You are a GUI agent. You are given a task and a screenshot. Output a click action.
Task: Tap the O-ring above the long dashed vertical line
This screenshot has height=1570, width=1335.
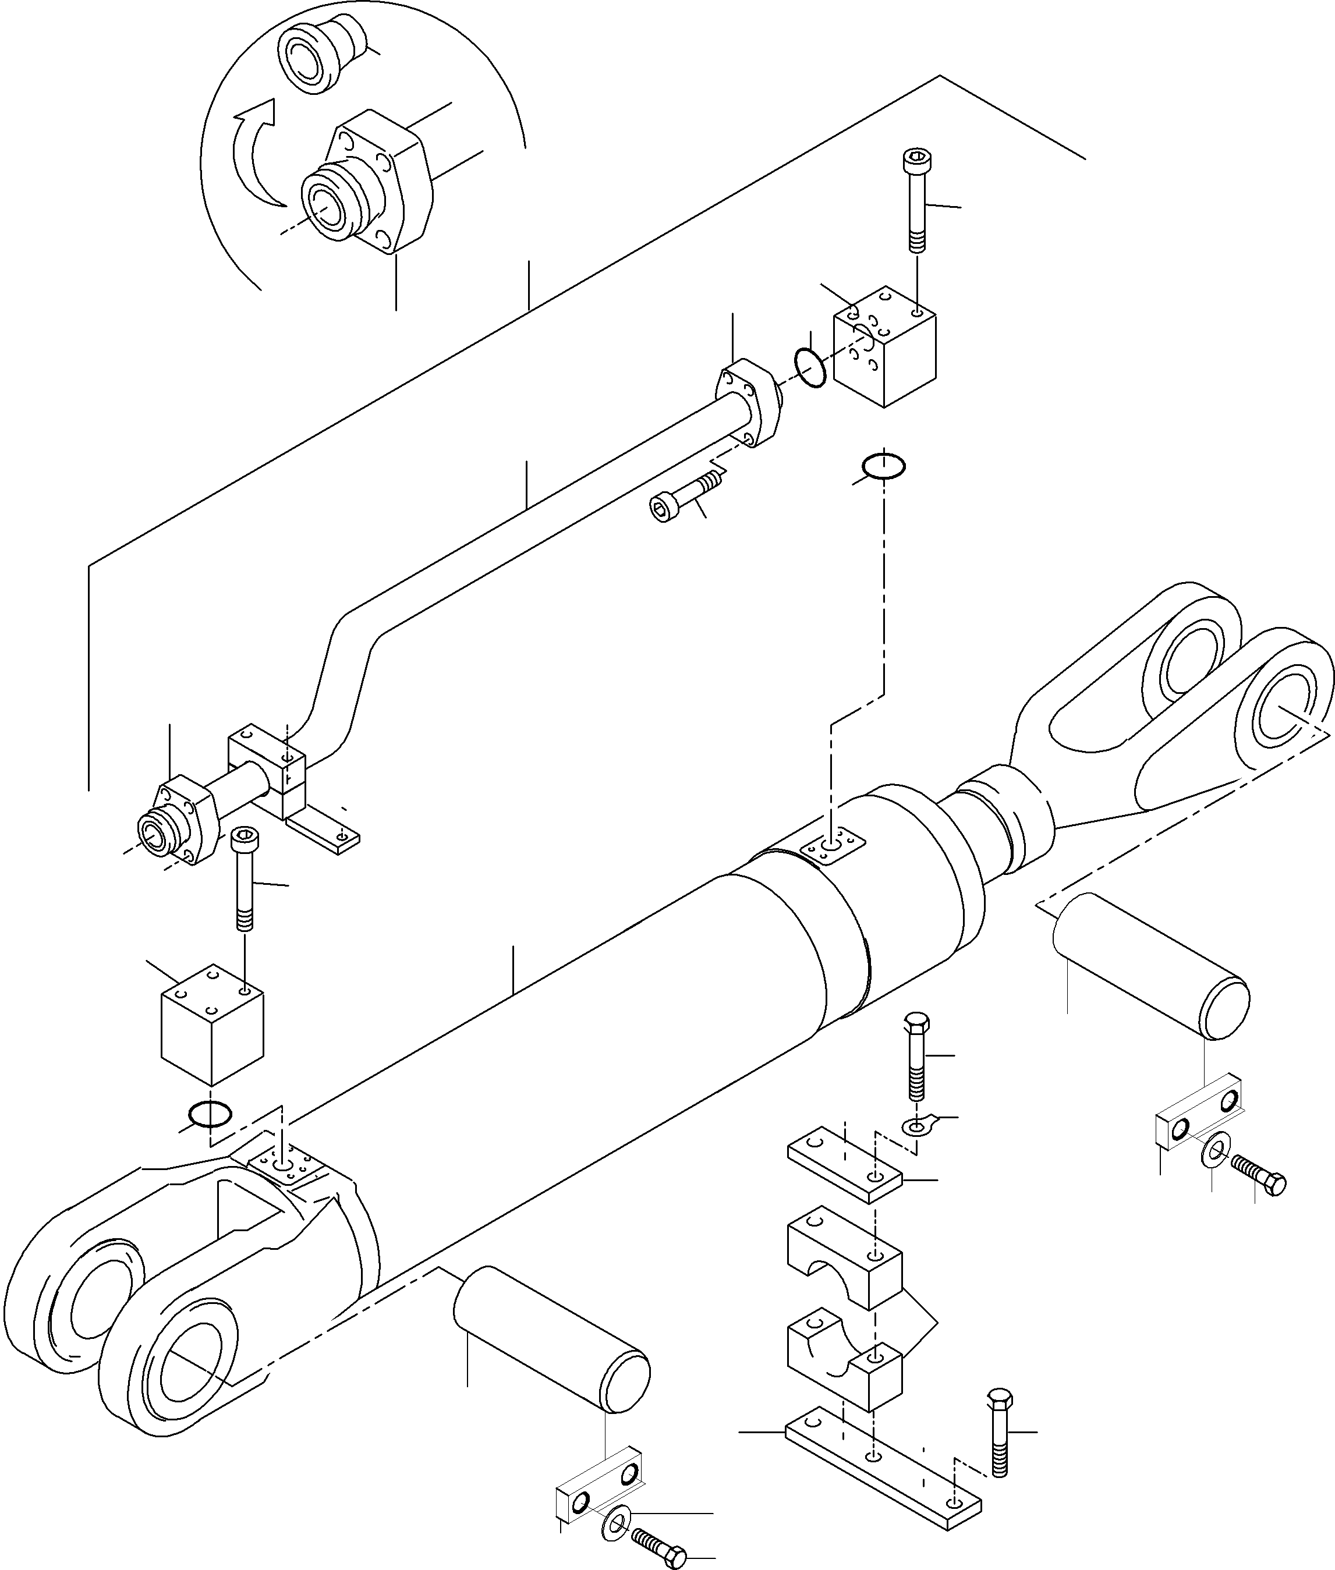click(x=883, y=466)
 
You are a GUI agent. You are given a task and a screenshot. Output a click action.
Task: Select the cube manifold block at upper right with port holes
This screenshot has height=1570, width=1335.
click(x=884, y=346)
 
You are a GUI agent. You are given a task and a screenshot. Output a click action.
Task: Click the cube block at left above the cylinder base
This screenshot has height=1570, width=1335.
click(x=212, y=1024)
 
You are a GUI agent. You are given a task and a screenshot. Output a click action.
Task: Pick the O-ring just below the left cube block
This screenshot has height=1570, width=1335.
click(x=210, y=1113)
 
